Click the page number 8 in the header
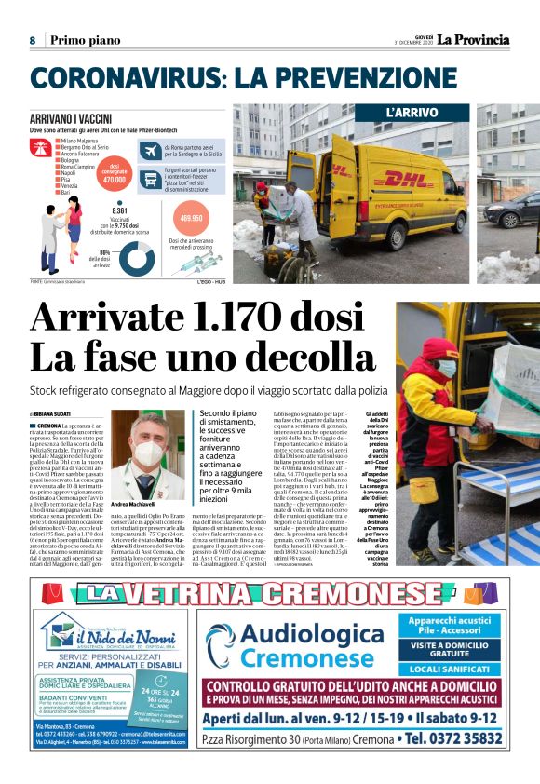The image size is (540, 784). [32, 40]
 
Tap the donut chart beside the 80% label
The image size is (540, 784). [120, 255]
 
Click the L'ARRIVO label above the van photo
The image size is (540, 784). [412, 114]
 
